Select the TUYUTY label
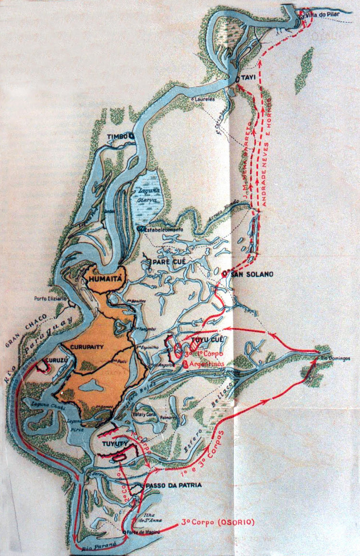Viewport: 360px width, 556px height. point(113,444)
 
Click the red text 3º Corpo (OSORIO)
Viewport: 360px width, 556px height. point(211,522)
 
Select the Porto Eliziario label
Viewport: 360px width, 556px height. point(51,298)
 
